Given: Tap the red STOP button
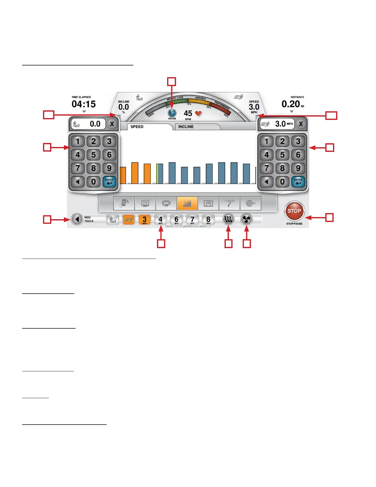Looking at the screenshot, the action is [x=294, y=211].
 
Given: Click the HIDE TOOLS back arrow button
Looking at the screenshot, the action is [x=77, y=219].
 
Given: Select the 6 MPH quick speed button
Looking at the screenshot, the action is [x=176, y=220].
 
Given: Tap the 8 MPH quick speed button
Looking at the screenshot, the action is [x=208, y=220].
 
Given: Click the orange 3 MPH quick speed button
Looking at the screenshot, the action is [x=144, y=220].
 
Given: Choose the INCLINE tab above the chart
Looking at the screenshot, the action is [x=197, y=127].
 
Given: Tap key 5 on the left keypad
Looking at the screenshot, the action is [x=93, y=155].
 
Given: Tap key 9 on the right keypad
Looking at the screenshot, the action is [x=298, y=168].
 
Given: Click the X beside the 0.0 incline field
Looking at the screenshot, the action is [x=112, y=124].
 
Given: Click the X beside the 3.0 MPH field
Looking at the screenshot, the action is [x=301, y=124].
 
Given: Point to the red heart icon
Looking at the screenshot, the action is [x=198, y=113].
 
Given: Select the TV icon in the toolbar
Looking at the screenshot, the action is [x=145, y=203].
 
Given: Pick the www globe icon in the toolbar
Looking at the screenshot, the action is [x=250, y=203].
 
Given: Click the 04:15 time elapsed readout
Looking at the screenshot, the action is [x=84, y=104].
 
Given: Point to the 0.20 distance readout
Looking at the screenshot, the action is [x=291, y=104].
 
